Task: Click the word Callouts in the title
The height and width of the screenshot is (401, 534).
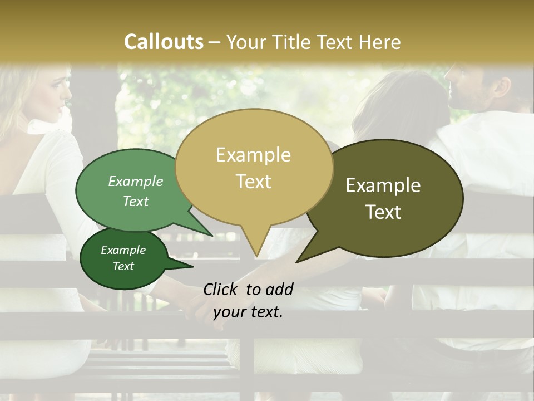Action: tap(164, 42)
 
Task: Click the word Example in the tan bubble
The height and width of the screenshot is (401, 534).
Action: tap(253, 155)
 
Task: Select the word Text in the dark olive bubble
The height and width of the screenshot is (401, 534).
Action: tap(384, 212)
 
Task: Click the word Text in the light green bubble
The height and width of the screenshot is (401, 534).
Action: tap(136, 201)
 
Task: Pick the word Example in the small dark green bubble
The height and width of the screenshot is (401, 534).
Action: tap(123, 250)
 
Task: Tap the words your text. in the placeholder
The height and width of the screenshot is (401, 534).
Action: tap(248, 312)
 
